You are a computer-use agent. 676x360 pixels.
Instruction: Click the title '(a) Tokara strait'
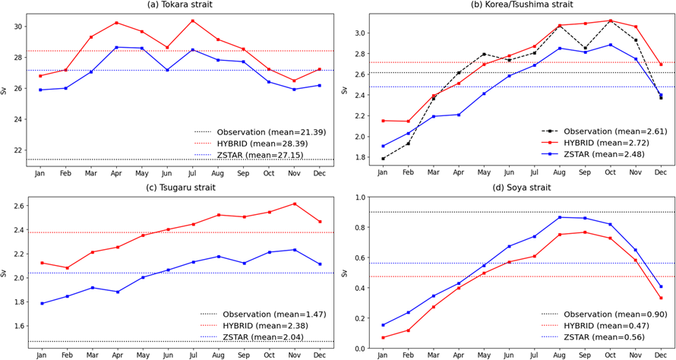click(x=180, y=5)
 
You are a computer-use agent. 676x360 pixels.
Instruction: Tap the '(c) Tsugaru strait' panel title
click(x=180, y=187)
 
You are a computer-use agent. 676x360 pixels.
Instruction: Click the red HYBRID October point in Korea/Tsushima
click(x=610, y=21)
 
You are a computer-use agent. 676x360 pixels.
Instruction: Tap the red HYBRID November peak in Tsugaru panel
click(x=294, y=204)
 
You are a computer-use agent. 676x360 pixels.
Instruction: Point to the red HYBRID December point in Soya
click(x=661, y=298)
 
